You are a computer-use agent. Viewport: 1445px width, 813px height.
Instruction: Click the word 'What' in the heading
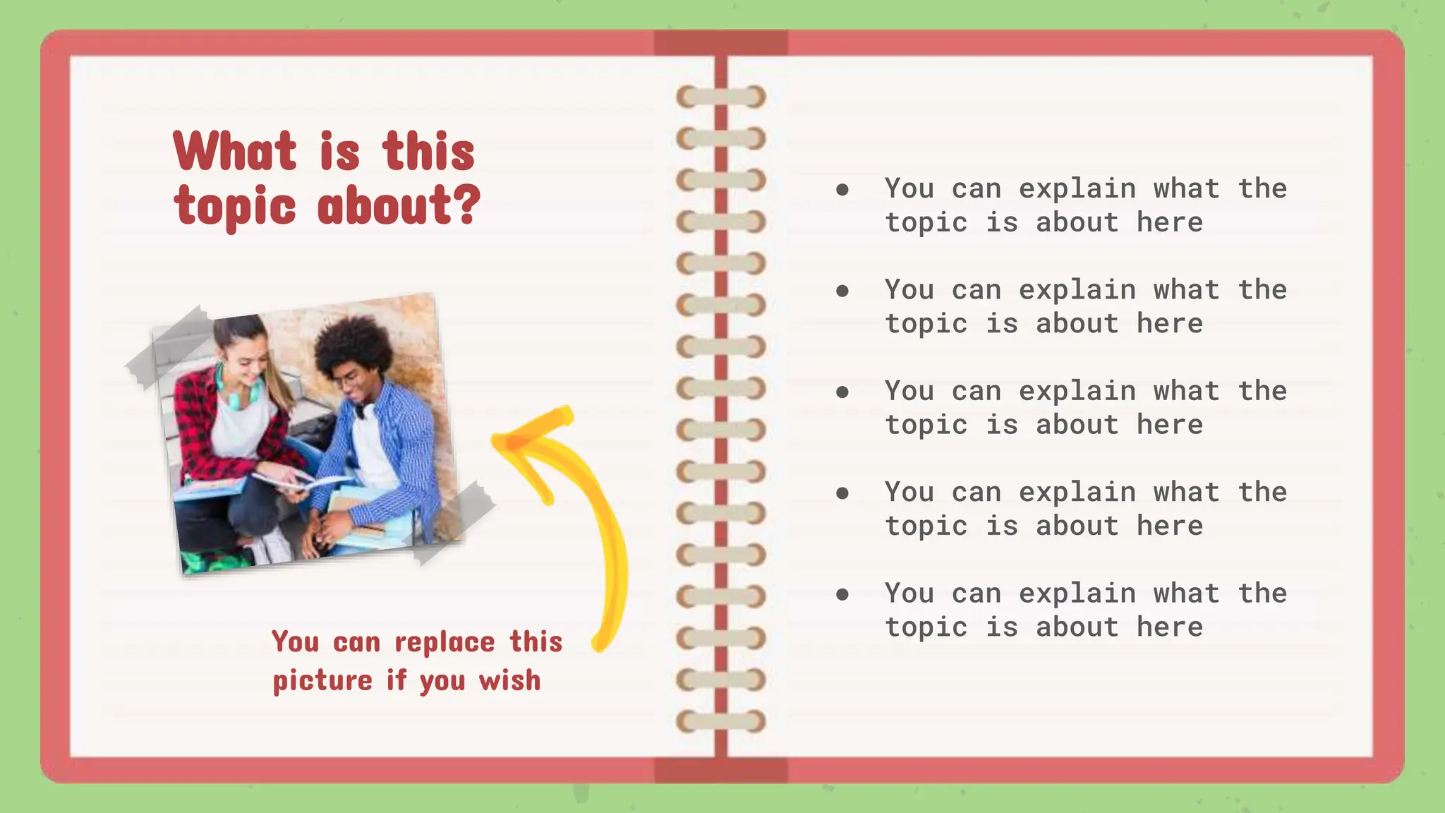(235, 151)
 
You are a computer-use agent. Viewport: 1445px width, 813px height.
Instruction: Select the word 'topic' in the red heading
(235, 207)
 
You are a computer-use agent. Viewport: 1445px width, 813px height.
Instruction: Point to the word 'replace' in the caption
(445, 642)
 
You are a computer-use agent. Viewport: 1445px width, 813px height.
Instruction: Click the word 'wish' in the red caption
(509, 680)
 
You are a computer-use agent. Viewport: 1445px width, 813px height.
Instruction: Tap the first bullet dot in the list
(842, 189)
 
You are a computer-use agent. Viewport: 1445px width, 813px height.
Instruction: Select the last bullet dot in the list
(842, 594)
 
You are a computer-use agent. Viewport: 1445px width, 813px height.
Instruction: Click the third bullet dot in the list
(842, 392)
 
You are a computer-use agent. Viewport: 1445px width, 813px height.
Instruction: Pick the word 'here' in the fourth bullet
(1169, 526)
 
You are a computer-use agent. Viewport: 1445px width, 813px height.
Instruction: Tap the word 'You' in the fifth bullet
(909, 594)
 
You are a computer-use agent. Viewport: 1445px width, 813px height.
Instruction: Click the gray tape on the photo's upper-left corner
(169, 347)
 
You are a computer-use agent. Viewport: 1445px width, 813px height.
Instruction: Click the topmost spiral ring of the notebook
(720, 97)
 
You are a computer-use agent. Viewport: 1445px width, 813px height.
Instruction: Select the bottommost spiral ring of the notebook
(720, 721)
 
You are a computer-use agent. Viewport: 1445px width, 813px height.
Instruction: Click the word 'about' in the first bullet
(1077, 223)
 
